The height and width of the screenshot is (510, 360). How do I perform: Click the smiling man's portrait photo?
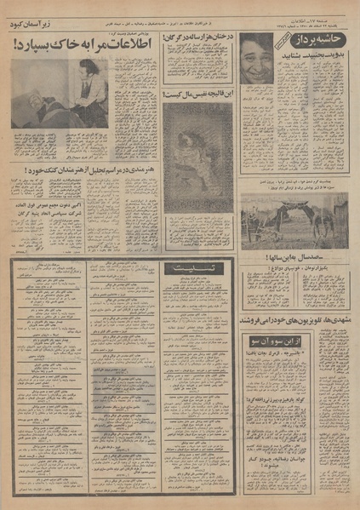click(x=256, y=58)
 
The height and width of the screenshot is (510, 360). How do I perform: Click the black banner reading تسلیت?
click(x=197, y=268)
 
